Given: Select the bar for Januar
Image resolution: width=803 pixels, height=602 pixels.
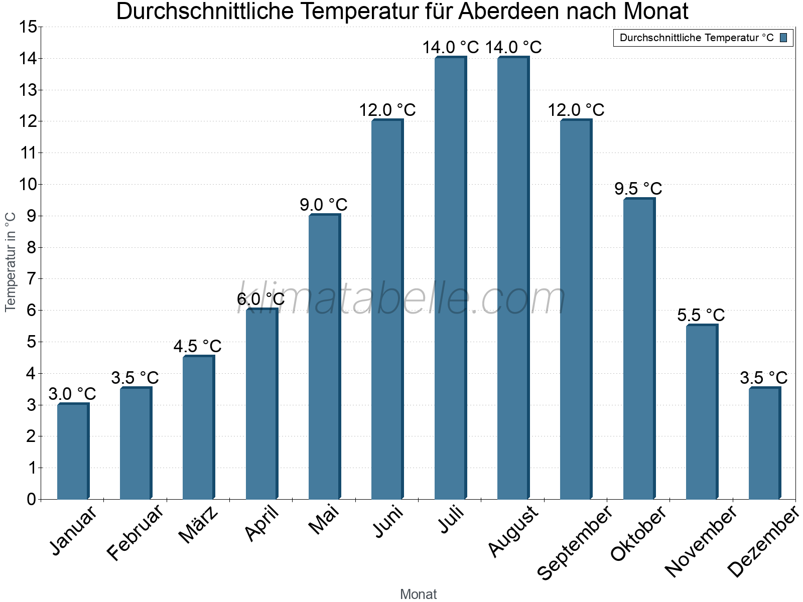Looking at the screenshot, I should click(x=73, y=452).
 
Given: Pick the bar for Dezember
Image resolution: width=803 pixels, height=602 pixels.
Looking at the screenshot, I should click(x=764, y=443).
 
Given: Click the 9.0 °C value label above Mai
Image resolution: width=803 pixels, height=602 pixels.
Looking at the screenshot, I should click(x=324, y=205).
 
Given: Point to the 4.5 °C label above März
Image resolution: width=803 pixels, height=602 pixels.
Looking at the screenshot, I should click(x=198, y=346).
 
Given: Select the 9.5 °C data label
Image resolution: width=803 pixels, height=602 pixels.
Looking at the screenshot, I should click(x=638, y=189).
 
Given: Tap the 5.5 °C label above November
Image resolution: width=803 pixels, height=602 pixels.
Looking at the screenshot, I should click(x=701, y=315).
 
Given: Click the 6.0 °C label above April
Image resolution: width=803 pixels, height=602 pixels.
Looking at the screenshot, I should click(x=260, y=299).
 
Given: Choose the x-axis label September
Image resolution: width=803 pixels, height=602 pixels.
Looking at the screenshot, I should click(x=575, y=542).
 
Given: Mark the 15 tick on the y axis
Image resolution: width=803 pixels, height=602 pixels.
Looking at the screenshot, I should click(x=28, y=27).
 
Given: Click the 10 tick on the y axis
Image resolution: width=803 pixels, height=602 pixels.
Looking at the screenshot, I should click(x=28, y=185).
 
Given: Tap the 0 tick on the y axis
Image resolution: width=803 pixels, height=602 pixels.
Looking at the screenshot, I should click(x=32, y=499).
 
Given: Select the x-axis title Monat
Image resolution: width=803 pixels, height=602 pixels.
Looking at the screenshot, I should click(x=418, y=594).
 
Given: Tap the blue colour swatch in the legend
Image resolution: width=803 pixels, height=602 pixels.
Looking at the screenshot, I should click(x=783, y=38).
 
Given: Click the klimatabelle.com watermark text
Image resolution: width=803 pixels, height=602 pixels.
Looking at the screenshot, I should click(x=401, y=298).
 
